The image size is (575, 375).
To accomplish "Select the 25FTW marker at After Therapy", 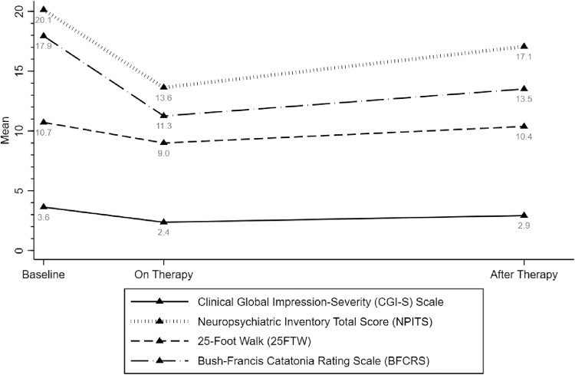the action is click(524, 126).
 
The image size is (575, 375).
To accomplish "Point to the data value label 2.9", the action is click(524, 226).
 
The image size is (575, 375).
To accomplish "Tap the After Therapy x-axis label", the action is click(524, 273).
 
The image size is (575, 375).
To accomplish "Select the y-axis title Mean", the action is click(7, 130).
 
